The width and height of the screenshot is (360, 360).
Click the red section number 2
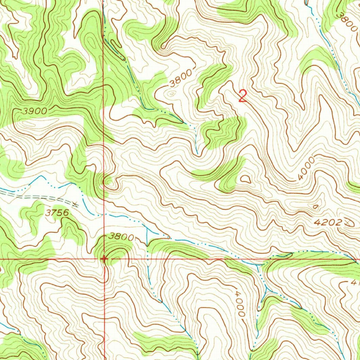click(242, 96)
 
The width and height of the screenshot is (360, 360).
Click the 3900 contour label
click(34, 111)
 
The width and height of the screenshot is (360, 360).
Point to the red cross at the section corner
click(104, 259)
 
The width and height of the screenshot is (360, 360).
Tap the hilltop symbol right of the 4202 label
click(349, 222)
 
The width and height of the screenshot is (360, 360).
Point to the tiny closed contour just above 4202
click(316, 206)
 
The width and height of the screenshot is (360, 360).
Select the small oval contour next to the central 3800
click(171, 93)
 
